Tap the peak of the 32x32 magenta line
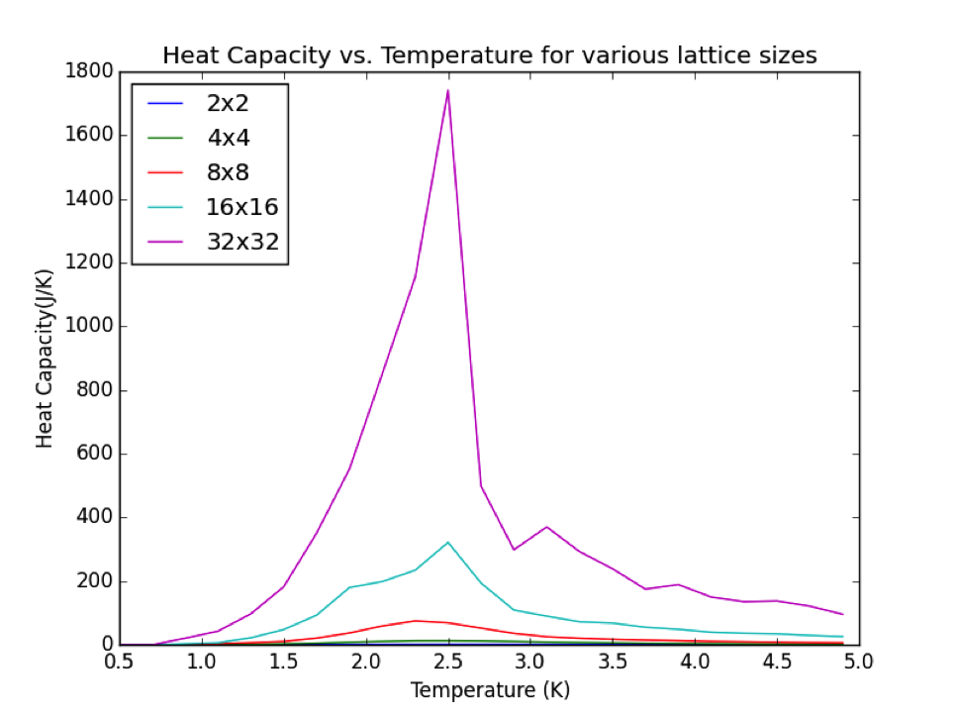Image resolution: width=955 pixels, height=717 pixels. [448, 91]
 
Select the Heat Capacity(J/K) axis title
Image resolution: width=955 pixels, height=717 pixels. [45, 358]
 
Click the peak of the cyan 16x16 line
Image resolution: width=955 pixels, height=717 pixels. [448, 542]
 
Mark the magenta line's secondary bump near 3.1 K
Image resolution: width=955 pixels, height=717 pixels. [546, 527]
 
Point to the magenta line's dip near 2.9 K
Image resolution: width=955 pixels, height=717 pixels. [514, 549]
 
